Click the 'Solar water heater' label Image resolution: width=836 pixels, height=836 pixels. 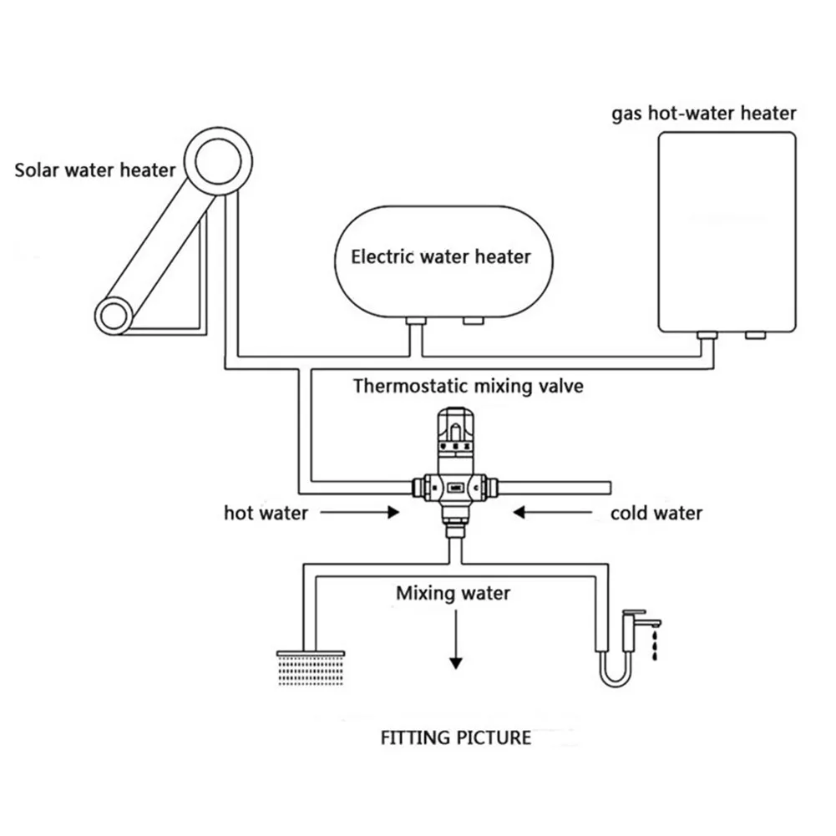click(x=95, y=171)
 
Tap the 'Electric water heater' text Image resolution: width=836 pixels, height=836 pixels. click(x=440, y=256)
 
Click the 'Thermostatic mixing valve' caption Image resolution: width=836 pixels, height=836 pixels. click(x=468, y=386)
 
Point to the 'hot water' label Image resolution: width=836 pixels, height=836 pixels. click(x=266, y=513)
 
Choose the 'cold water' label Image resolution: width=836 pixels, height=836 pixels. click(x=656, y=513)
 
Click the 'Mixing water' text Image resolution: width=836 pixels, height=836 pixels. click(x=453, y=594)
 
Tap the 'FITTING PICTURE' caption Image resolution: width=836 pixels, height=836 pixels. click(x=455, y=737)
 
